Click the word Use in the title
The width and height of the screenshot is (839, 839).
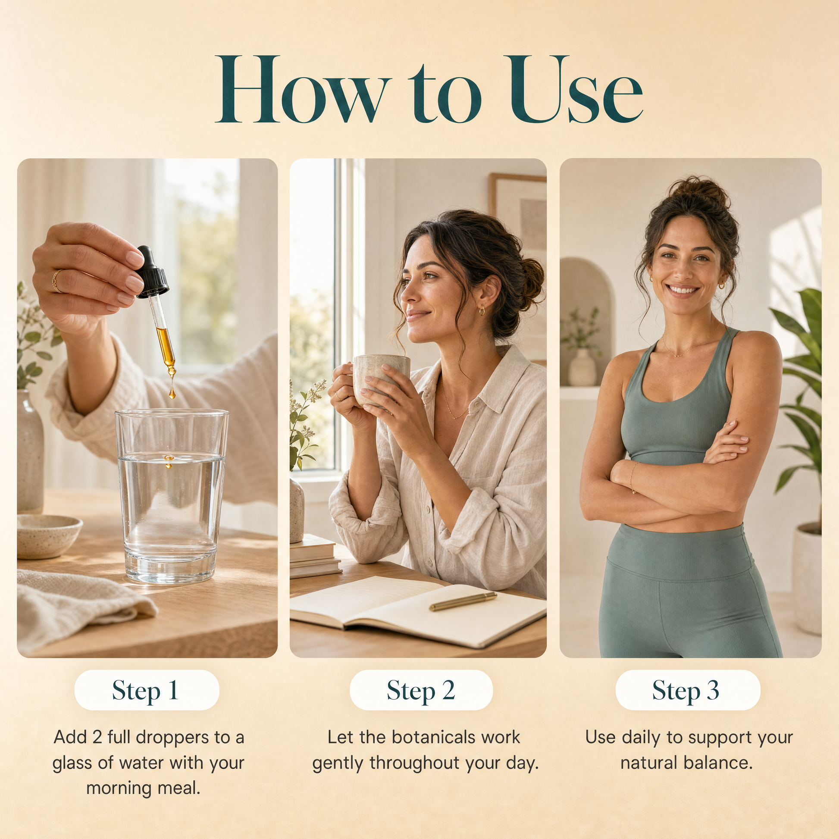pos(575,89)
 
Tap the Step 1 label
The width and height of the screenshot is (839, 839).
pos(146,690)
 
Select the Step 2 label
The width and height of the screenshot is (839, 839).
pos(421,690)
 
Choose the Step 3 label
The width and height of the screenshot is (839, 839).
pos(687,690)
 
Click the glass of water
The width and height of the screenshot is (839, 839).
pos(172,495)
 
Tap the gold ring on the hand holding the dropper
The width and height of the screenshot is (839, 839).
pos(56,281)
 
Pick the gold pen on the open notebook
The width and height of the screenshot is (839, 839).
pos(463,601)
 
